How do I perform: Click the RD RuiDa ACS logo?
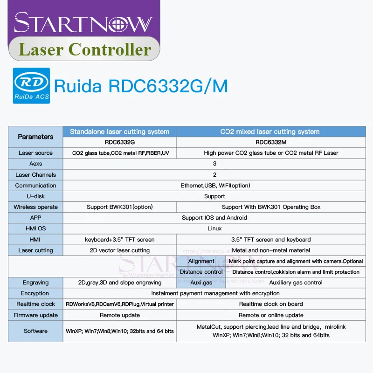coord(29,86)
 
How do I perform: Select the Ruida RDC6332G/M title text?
coord(141,86)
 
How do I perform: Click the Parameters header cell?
coord(35,137)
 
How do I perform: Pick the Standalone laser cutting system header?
coord(119,131)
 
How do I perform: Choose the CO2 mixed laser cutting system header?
coord(270,131)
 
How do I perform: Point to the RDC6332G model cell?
coord(119,142)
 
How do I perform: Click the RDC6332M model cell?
coord(270,142)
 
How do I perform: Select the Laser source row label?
coord(35,153)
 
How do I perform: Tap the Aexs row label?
coord(35,164)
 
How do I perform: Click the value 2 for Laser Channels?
coord(214,175)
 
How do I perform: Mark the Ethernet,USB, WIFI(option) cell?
coord(214,186)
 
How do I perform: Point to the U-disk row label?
coord(35,196)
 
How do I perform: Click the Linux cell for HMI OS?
coord(214,228)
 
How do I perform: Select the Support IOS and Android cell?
coord(214,218)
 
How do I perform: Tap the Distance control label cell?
coord(201,272)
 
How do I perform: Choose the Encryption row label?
coord(35,293)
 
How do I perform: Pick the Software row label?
coord(35,331)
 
